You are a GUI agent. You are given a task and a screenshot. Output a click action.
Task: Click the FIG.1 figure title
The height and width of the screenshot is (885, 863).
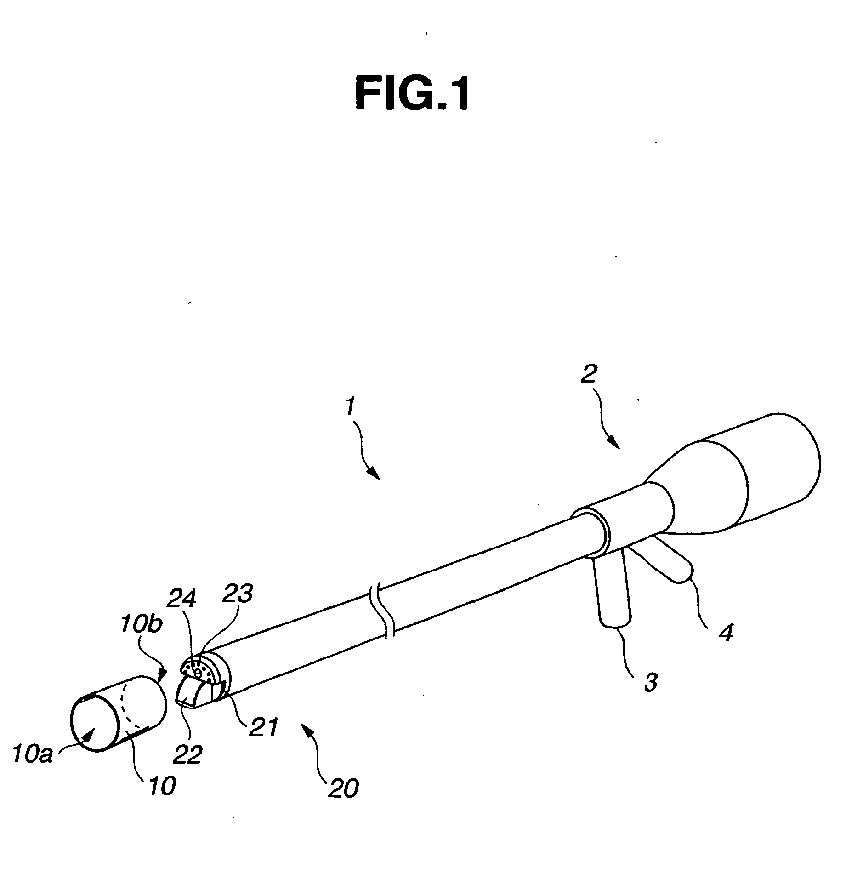pyautogui.click(x=412, y=89)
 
